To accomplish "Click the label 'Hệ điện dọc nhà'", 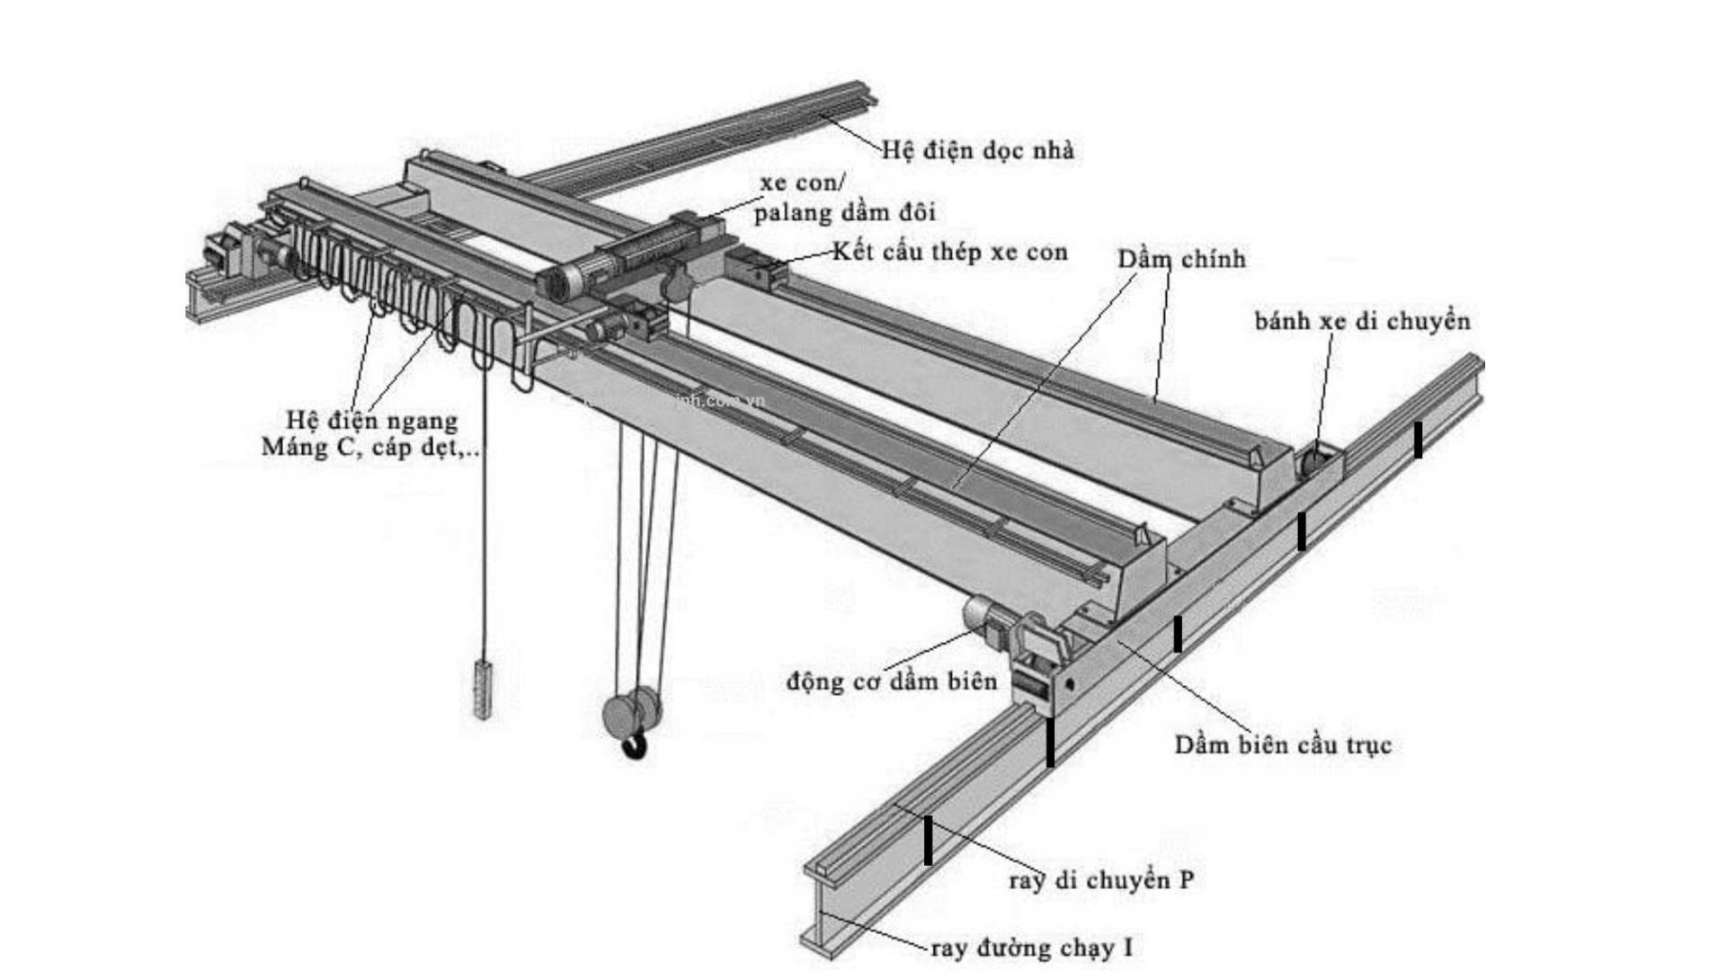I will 977,150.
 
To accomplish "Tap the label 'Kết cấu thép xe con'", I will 949,252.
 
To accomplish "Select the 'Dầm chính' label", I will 1181,260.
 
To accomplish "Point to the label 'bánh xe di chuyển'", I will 1362,322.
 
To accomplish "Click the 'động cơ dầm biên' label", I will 891,681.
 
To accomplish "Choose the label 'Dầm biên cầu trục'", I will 1283,745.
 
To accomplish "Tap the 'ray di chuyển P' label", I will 1101,880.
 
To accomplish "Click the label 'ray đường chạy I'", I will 1031,948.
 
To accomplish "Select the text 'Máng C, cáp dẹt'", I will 369,448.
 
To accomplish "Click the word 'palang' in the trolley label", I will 791,214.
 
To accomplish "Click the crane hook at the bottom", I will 636,744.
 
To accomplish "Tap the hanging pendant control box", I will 484,688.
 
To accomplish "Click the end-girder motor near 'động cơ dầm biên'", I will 983,618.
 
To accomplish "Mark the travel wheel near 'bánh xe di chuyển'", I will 1315,462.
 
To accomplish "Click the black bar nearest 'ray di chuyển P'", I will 928,840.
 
